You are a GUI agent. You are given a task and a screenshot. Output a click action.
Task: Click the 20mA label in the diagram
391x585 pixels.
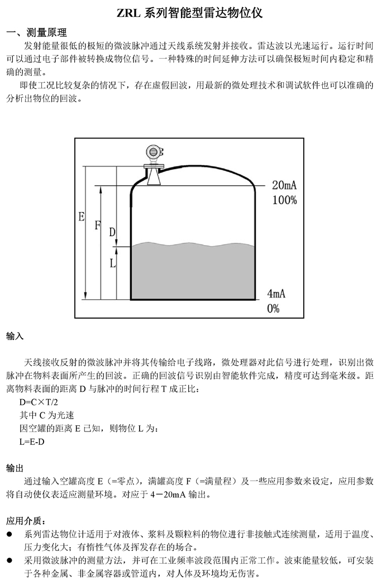pos(284,185)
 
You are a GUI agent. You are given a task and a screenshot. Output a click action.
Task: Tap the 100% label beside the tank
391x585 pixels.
pos(284,200)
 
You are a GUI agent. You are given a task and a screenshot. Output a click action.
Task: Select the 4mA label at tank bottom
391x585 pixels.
pos(276,294)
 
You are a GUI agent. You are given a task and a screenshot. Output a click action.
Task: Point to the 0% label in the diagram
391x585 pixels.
pos(273,308)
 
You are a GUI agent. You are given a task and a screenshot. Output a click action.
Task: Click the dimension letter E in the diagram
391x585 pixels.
pos(82,217)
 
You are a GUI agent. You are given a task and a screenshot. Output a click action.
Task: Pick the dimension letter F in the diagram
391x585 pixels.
pos(97,225)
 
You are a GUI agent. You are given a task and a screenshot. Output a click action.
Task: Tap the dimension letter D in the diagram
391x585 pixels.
pos(112,232)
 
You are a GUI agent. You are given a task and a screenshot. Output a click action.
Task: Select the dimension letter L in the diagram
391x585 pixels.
pos(112,263)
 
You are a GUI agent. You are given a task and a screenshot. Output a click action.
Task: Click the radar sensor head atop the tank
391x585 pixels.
pos(154,153)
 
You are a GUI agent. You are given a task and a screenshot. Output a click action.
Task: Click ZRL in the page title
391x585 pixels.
pos(128,13)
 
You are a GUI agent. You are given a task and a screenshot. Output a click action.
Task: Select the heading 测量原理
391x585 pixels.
pos(47,33)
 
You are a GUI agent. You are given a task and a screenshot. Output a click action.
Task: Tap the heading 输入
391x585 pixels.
pos(15,336)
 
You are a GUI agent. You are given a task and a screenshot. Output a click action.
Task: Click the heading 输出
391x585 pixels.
pos(15,468)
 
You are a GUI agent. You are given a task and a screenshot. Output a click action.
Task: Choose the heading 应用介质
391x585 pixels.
pos(26,521)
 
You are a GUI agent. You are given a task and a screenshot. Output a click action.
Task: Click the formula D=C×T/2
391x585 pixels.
pos(39,402)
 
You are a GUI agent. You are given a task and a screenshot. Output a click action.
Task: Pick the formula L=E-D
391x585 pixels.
pos(32,442)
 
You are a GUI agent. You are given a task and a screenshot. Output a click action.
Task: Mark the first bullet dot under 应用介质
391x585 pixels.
pos(9,534)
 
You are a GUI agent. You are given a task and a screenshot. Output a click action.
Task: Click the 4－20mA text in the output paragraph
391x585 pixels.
pos(168,495)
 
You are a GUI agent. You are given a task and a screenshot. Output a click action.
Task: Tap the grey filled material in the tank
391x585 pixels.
pos(193,272)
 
